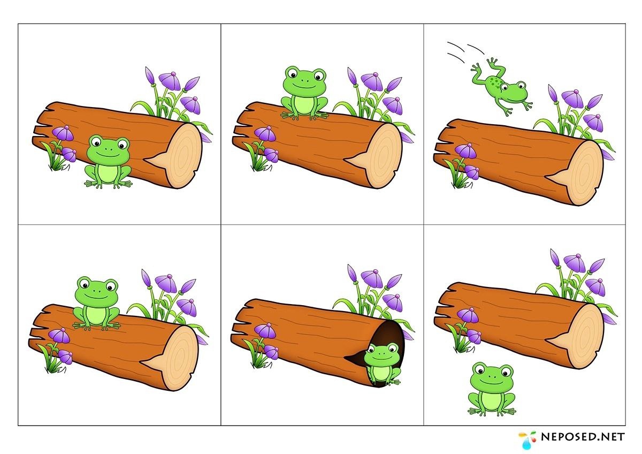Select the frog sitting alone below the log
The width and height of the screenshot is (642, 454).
point(492,389)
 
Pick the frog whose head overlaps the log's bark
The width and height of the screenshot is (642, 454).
point(108,162)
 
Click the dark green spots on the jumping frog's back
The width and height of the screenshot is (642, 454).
point(494,82)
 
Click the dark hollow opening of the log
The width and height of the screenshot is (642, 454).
point(387,344)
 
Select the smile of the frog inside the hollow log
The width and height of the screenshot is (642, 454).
point(381,359)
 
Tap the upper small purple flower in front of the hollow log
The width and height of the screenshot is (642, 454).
point(265,330)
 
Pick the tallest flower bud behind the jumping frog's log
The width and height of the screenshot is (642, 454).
point(553,93)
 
